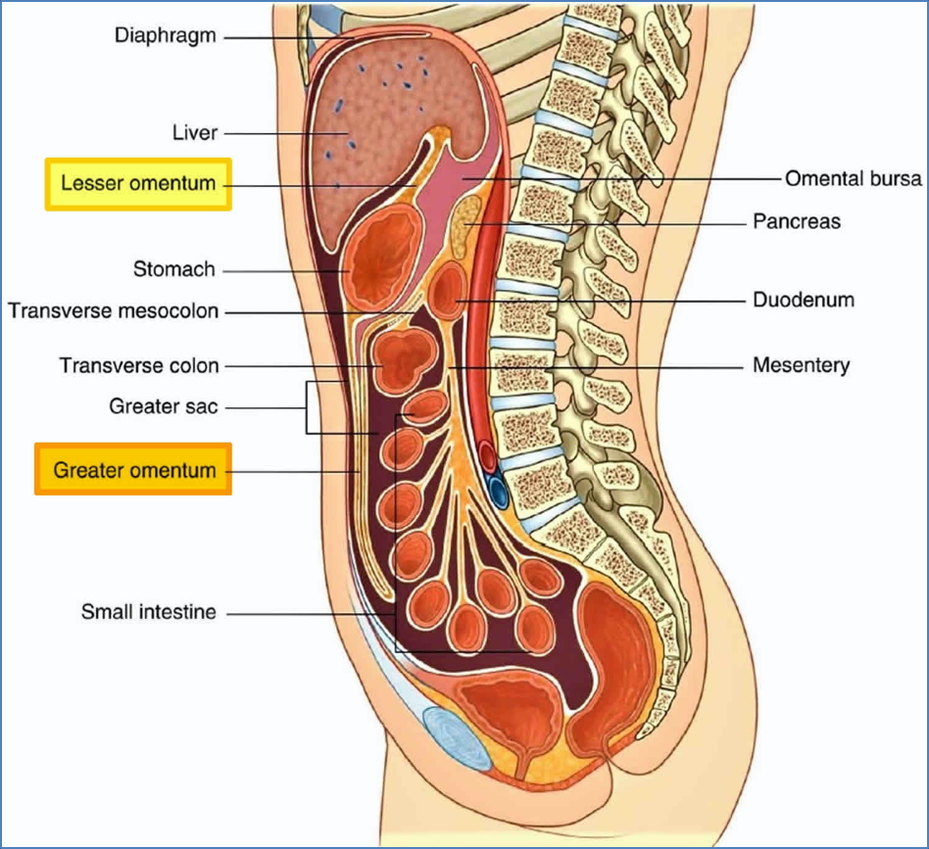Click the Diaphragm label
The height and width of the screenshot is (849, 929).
pyautogui.click(x=165, y=36)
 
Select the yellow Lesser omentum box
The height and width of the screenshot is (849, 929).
pyautogui.click(x=138, y=184)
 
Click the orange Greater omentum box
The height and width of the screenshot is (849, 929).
pyautogui.click(x=134, y=470)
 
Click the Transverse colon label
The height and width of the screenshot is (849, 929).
pyautogui.click(x=139, y=366)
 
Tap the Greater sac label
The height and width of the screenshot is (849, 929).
pyautogui.click(x=163, y=405)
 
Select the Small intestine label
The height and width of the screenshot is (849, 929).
pyautogui.click(x=148, y=613)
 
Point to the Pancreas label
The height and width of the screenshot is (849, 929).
pyautogui.click(x=796, y=221)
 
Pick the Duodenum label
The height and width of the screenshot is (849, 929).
pyautogui.click(x=803, y=299)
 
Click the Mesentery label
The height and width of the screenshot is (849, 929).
pyautogui.click(x=801, y=366)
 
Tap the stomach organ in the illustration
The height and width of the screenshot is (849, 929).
pyautogui.click(x=384, y=259)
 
